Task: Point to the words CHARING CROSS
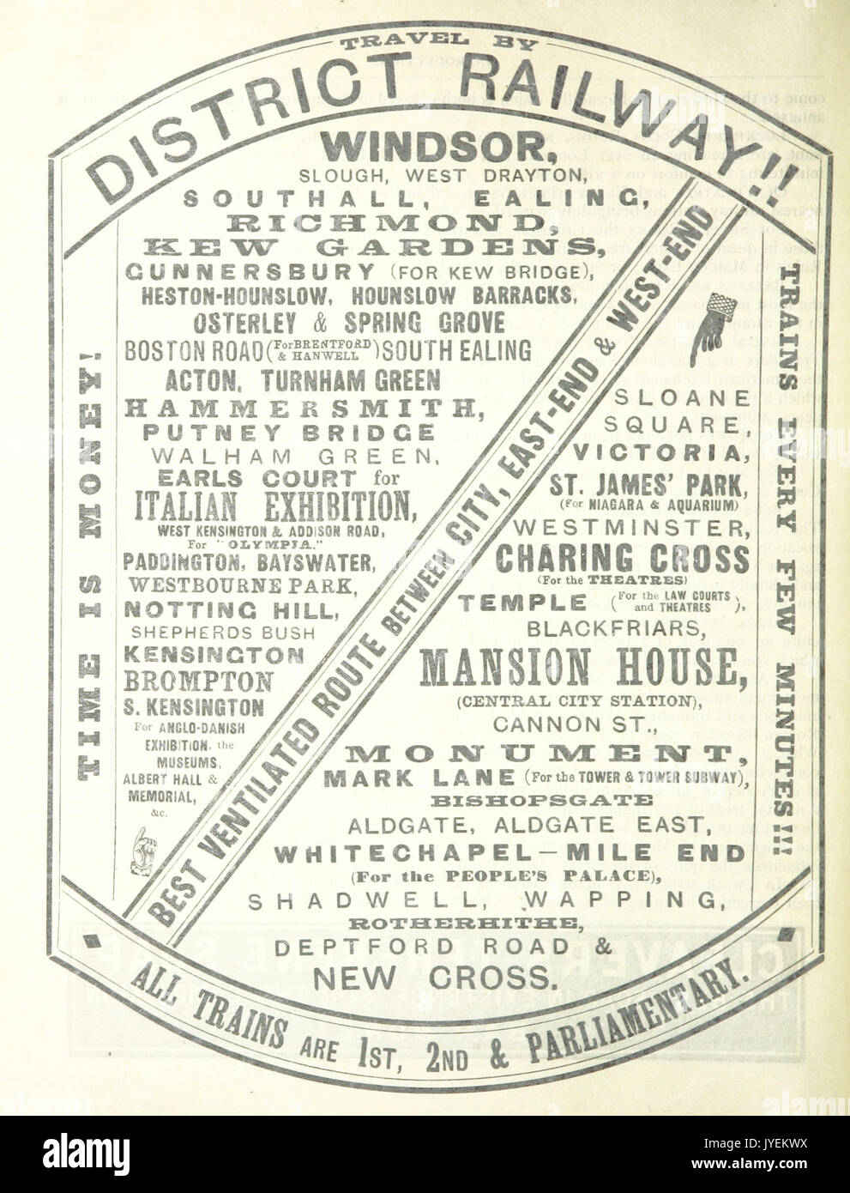(622, 559)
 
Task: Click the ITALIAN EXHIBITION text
(270, 504)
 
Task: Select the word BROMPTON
(199, 681)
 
